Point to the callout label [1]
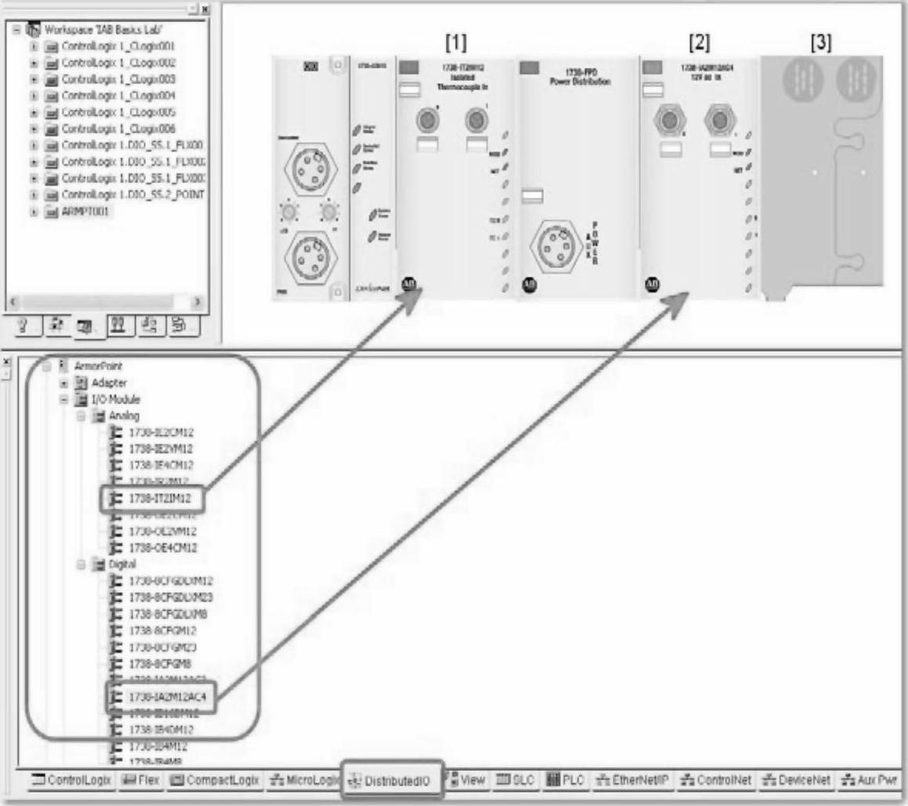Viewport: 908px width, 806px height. click(456, 42)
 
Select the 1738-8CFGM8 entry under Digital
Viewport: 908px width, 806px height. click(156, 663)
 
